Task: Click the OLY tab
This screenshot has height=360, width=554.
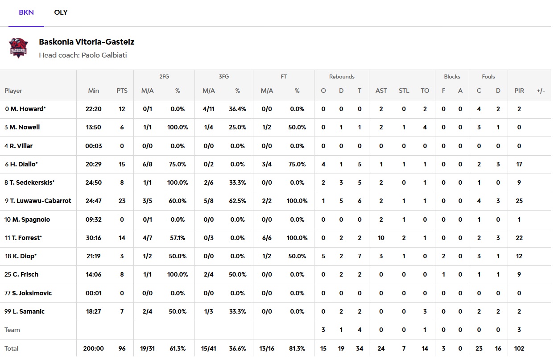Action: click(61, 12)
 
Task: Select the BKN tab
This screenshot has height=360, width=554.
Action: click(26, 12)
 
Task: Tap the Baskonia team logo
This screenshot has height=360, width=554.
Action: click(19, 48)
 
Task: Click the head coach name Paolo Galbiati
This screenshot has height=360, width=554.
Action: click(104, 55)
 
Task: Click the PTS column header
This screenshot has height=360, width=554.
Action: click(122, 91)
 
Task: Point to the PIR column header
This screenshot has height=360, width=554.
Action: click(519, 91)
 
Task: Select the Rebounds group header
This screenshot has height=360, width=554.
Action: click(342, 77)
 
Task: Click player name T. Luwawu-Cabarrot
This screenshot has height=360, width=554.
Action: click(40, 201)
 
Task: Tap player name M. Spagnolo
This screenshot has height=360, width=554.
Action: click(30, 219)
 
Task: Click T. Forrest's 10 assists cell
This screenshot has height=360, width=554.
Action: click(381, 238)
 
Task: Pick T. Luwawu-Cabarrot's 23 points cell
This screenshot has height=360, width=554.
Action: click(122, 201)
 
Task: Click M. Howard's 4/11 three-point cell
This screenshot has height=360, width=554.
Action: click(209, 109)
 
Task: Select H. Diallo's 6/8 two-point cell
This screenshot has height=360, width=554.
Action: click(147, 164)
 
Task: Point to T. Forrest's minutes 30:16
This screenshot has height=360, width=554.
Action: click(94, 238)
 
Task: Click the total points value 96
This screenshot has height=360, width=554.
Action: click(122, 348)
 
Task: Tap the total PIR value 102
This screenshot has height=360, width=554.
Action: click(519, 348)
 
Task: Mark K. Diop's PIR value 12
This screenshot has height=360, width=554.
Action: click(519, 256)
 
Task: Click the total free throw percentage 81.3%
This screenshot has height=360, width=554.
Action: click(297, 348)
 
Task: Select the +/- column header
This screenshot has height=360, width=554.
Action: click(541, 91)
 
